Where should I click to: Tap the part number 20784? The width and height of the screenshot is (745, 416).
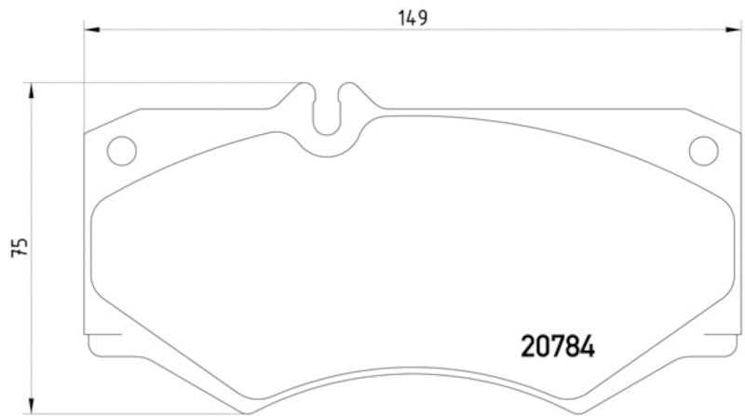tap(555, 348)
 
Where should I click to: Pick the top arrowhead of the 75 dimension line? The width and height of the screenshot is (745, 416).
tap(33, 88)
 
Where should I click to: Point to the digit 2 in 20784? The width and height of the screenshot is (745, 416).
tap(524, 348)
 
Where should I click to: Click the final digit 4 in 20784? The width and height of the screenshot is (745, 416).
tap(587, 348)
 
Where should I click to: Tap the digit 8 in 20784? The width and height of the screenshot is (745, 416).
tap(571, 348)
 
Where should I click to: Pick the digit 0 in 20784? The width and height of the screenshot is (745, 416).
tap(540, 348)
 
